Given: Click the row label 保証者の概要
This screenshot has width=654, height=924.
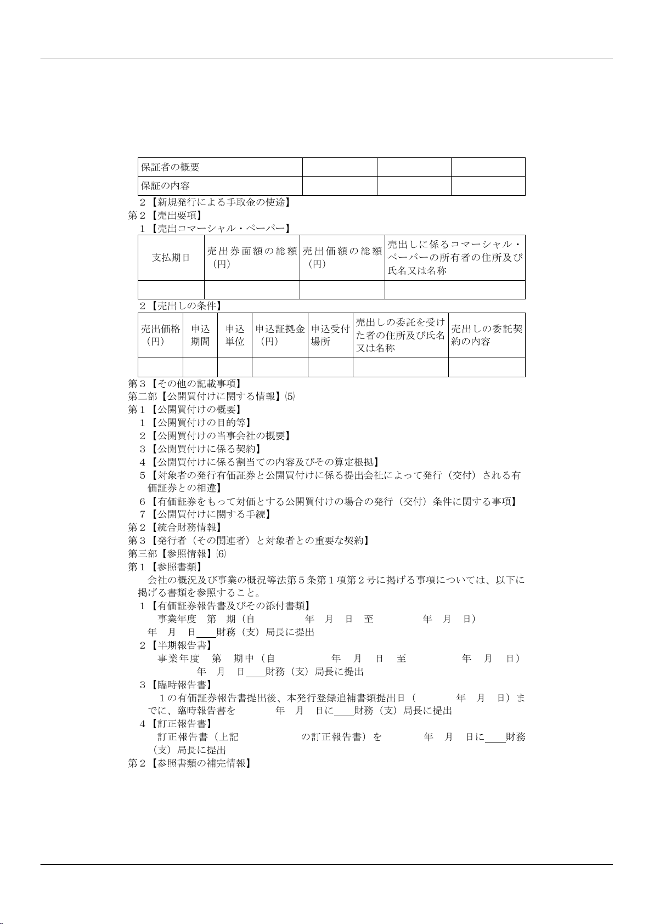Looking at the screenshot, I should [x=171, y=167].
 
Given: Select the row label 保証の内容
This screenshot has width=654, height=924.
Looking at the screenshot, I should [x=166, y=186].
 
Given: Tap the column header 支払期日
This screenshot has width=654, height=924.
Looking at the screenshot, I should [x=171, y=258].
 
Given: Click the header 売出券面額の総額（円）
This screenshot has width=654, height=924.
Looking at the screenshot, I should [x=252, y=258].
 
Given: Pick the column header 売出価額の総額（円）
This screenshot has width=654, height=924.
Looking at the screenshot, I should [x=342, y=258].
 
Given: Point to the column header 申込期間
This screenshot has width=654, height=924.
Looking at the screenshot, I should [x=200, y=335].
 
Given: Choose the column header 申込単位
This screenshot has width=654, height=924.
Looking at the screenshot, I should [x=235, y=335].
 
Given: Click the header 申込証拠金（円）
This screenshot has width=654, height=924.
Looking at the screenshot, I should [x=280, y=335].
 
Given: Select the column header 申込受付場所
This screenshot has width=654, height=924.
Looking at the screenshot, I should [x=330, y=335].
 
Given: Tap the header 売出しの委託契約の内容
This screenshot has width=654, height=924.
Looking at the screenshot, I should [x=486, y=335].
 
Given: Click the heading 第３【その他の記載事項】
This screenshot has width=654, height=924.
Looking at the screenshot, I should [x=185, y=384].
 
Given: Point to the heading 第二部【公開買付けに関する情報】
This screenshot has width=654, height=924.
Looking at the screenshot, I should [x=212, y=396].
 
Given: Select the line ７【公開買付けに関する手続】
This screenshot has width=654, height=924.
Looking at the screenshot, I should [x=206, y=514].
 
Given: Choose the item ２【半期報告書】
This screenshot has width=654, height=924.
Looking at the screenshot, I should [x=176, y=645].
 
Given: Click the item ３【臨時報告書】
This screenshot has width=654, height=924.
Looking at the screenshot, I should [x=176, y=685].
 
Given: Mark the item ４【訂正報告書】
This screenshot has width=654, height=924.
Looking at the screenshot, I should [x=176, y=724].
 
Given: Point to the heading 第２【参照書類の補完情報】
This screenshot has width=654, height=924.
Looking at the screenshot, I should [x=190, y=763].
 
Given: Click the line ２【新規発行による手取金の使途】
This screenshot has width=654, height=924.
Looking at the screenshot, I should [x=215, y=202].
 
